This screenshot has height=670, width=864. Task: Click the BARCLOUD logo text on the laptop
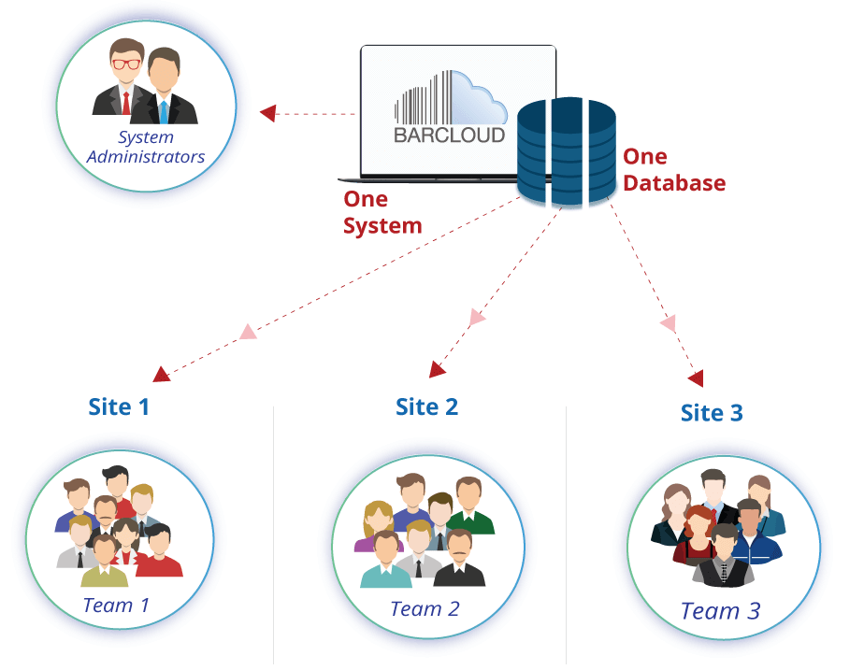[449, 135]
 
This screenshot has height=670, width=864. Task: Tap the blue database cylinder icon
[566, 154]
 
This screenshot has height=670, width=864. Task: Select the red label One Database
[673, 169]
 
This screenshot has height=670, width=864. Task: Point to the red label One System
[382, 212]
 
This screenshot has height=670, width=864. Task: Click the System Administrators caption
[146, 148]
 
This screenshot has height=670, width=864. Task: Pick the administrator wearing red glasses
[123, 79]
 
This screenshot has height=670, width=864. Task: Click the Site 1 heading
[119, 406]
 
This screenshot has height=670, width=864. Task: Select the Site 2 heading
[426, 406]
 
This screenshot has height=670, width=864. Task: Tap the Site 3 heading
[712, 412]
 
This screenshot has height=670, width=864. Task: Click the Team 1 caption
[116, 606]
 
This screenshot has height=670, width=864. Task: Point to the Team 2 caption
[425, 609]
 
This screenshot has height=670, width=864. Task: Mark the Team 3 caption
[720, 611]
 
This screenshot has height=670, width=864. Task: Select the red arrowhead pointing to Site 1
[162, 374]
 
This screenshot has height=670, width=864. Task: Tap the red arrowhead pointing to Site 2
[438, 369]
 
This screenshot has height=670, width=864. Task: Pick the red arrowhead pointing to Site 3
[695, 378]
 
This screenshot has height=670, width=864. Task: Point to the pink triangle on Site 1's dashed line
[247, 331]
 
